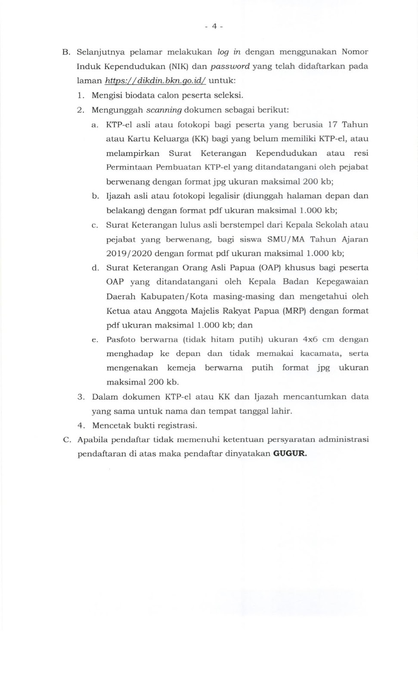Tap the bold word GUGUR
(290, 454)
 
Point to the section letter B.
(66, 52)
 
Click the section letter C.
(66, 439)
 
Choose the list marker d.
(95, 267)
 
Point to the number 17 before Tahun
(332, 125)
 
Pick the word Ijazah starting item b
(118, 196)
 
